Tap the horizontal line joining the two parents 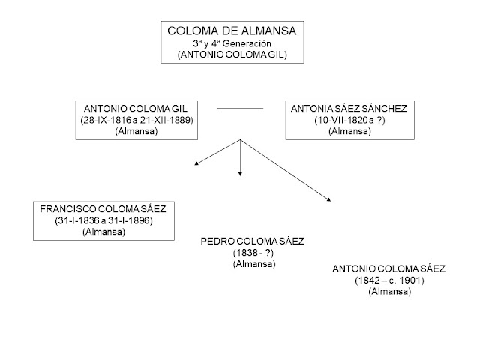coord(240,109)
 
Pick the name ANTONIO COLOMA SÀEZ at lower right coord(389,268)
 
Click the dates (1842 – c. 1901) coord(389,280)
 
